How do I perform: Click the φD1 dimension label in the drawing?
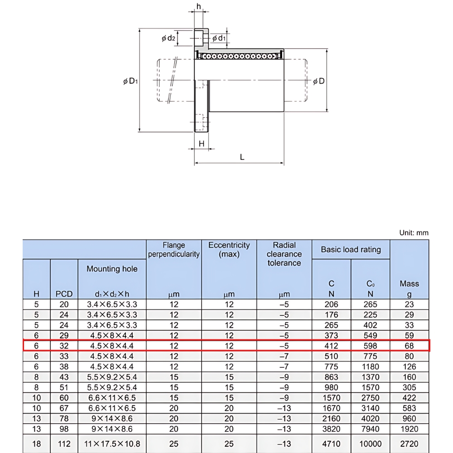pyautogui.click(x=130, y=82)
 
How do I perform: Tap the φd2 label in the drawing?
pyautogui.click(x=168, y=39)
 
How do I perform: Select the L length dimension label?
pyautogui.click(x=242, y=157)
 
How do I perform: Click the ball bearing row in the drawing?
pyautogui.click(x=239, y=56)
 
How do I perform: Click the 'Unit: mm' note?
pyautogui.click(x=413, y=233)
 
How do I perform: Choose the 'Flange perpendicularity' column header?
pyautogui.click(x=174, y=250)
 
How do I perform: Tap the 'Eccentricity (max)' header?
pyautogui.click(x=229, y=250)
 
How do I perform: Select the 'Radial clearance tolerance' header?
pyautogui.click(x=284, y=254)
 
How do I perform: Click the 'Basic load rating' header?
pyautogui.click(x=351, y=250)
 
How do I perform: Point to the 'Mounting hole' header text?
pyautogui.click(x=112, y=269)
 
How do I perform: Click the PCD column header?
pyautogui.click(x=64, y=294)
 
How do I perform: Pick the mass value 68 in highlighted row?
pyautogui.click(x=409, y=346)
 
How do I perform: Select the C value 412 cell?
pyautogui.click(x=331, y=346)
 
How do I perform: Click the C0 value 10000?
pyautogui.click(x=370, y=444)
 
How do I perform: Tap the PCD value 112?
pyautogui.click(x=64, y=444)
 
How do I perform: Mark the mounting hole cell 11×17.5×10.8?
pyautogui.click(x=112, y=444)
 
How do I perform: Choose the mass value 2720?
pyautogui.click(x=409, y=444)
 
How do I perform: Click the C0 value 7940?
pyautogui.click(x=370, y=429)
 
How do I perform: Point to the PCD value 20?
pyautogui.click(x=64, y=304)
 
